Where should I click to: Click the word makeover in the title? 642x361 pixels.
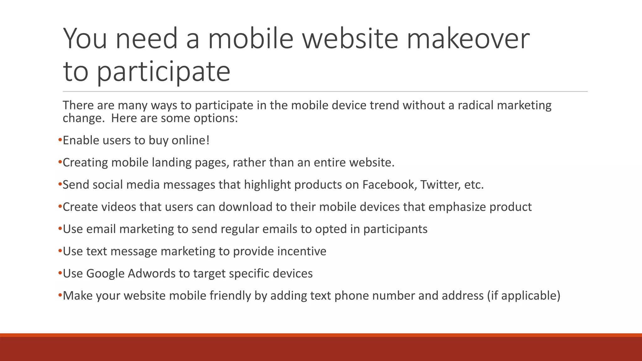[468, 39]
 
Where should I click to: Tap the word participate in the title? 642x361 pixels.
[163, 72]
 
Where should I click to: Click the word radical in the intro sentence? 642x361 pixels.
[476, 105]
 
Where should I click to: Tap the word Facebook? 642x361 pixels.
[389, 185]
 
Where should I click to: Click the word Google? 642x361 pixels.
[105, 274]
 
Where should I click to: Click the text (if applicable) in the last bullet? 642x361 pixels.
[524, 296]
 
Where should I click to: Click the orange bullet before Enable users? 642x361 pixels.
[60, 140]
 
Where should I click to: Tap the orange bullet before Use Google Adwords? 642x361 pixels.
[60, 273]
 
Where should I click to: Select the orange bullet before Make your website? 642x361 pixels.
[60, 296]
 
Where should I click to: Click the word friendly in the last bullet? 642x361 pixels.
[230, 296]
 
